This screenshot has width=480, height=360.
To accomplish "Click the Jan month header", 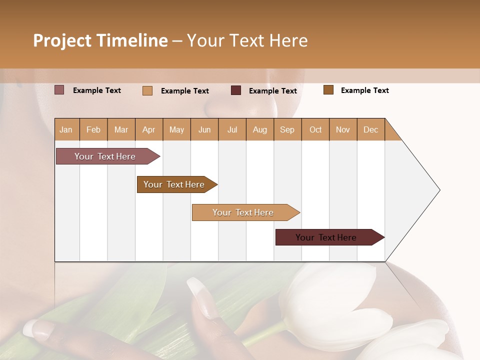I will click(x=66, y=129).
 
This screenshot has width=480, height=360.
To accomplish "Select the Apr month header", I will click(x=148, y=129).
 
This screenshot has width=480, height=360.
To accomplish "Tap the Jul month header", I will click(x=232, y=129).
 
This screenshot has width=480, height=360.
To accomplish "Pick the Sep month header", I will click(x=287, y=129).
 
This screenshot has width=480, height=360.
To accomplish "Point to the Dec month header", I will click(x=370, y=129).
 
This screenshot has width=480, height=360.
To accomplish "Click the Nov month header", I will click(x=342, y=129).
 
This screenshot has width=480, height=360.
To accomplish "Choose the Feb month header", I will click(x=93, y=129).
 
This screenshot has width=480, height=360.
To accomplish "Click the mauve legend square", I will click(x=59, y=90).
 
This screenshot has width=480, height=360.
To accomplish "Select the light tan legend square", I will click(x=147, y=90).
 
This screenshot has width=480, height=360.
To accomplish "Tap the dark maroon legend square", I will click(x=236, y=90).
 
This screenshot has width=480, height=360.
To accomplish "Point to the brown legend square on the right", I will click(x=328, y=90).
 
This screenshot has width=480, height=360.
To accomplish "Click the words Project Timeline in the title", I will click(x=100, y=40).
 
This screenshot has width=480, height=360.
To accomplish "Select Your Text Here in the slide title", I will click(x=247, y=40).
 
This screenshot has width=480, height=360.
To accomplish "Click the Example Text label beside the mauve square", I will click(x=97, y=90).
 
